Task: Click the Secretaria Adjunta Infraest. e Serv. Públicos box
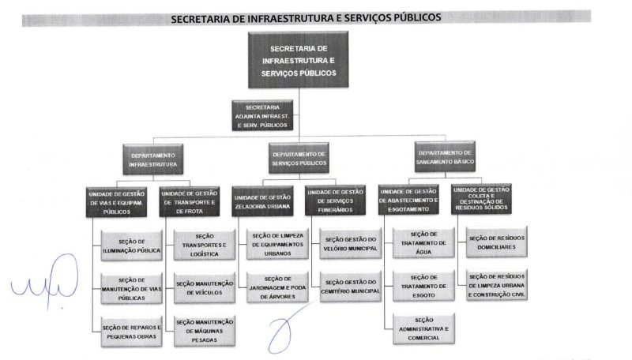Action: [x=262, y=115]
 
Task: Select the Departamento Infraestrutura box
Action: [x=153, y=159]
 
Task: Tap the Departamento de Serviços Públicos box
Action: [x=299, y=158]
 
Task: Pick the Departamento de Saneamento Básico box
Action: [x=445, y=156]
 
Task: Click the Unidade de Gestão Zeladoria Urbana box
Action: [x=262, y=201]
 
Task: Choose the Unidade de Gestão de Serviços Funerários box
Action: [x=335, y=201]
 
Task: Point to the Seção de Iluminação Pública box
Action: [x=132, y=246]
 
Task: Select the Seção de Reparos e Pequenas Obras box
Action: [x=132, y=332]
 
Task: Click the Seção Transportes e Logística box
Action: [x=205, y=245]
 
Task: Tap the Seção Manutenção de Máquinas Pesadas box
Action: [x=205, y=331]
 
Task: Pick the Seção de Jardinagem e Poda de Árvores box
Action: [x=278, y=287]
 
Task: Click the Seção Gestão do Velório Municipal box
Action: [x=351, y=244]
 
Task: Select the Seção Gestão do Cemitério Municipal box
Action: [x=351, y=287]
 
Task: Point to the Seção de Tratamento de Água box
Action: [x=423, y=243]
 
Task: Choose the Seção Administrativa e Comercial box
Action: [x=423, y=329]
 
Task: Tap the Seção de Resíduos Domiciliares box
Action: [x=497, y=242]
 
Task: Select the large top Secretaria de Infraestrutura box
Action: [x=299, y=60]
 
